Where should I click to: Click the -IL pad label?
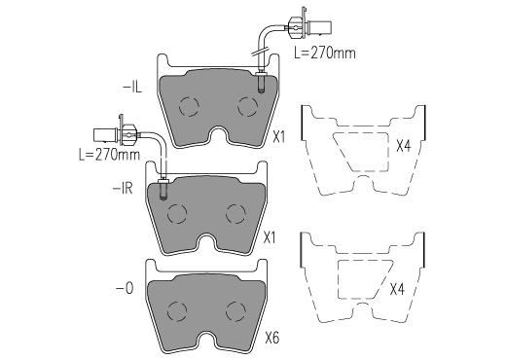point(132,88)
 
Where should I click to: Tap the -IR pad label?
point(123,188)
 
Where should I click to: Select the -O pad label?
point(125,288)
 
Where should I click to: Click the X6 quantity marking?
point(271,339)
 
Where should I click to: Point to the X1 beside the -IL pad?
point(278,137)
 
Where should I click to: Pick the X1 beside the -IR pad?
point(270,237)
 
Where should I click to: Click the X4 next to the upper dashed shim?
point(404,146)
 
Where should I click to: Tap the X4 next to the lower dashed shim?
point(397,289)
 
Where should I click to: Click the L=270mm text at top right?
point(325,53)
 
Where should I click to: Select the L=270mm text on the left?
point(110,155)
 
